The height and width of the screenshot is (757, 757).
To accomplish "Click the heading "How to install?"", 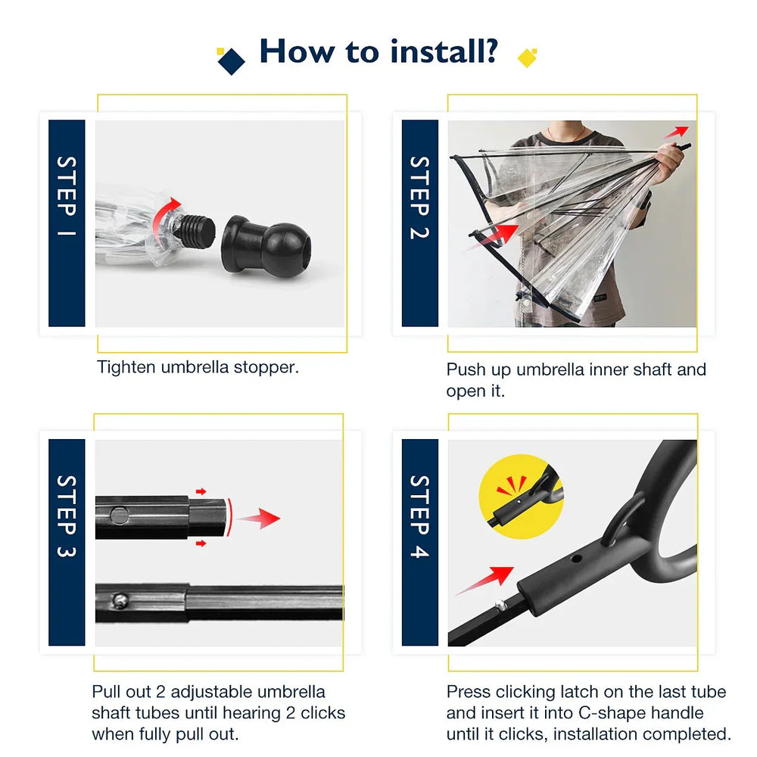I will [378, 51].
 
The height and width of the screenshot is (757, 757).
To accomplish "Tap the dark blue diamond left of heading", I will [231, 61].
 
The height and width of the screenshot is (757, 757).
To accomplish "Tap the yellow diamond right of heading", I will [527, 58].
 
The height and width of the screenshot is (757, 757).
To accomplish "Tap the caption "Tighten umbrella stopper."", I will [198, 368].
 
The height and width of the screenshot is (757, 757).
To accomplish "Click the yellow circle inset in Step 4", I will [521, 497].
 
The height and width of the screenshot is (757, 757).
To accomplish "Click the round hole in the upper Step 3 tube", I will [119, 515].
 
